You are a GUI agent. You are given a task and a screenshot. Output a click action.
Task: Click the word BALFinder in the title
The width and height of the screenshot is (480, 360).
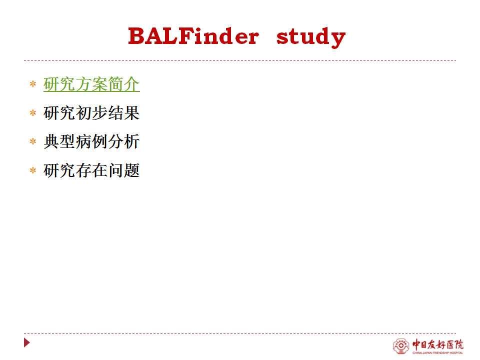pyautogui.click(x=194, y=36)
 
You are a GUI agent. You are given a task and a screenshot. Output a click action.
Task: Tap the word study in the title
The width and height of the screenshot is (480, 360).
pyautogui.click(x=311, y=37)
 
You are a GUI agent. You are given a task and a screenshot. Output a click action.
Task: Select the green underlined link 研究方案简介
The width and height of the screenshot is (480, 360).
pyautogui.click(x=91, y=84)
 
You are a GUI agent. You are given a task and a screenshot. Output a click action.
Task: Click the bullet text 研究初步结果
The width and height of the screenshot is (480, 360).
pyautogui.click(x=91, y=113)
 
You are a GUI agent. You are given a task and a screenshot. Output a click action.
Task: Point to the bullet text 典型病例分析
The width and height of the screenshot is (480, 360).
pyautogui.click(x=91, y=141)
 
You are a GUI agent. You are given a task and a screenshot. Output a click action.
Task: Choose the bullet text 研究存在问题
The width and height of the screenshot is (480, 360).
pyautogui.click(x=91, y=170)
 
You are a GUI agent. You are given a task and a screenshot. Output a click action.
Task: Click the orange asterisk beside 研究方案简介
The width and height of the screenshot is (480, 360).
pyautogui.click(x=33, y=84)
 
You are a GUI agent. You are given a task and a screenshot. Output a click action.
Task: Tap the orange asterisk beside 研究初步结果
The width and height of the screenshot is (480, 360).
pyautogui.click(x=33, y=113)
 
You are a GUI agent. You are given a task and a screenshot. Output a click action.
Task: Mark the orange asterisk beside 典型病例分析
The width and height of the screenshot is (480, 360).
pyautogui.click(x=33, y=141)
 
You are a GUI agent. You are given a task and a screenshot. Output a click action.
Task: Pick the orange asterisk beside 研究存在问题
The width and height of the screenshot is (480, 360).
pyautogui.click(x=33, y=170)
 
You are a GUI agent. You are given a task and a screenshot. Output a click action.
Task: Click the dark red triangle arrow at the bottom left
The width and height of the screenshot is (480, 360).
pyautogui.click(x=26, y=342)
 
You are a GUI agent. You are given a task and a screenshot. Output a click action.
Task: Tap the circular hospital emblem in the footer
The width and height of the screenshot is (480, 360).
pyautogui.click(x=401, y=346)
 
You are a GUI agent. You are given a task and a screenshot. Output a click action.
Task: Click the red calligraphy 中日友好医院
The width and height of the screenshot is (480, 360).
pyautogui.click(x=438, y=344)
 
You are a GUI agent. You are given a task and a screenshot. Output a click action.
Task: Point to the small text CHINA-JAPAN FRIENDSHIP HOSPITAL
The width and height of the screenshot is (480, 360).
pyautogui.click(x=438, y=353)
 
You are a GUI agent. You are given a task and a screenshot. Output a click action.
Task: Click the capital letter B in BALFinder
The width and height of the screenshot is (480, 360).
pyautogui.click(x=136, y=36)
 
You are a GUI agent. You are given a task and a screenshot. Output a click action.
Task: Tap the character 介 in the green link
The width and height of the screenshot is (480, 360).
pyautogui.click(x=131, y=84)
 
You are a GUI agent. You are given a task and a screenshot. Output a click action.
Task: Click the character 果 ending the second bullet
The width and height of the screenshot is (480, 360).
pyautogui.click(x=131, y=113)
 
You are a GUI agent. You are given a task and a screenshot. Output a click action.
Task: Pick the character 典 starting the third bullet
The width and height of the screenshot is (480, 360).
pyautogui.click(x=51, y=141)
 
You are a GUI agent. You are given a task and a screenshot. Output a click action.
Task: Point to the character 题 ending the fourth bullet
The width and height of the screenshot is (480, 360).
pyautogui.click(x=131, y=170)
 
